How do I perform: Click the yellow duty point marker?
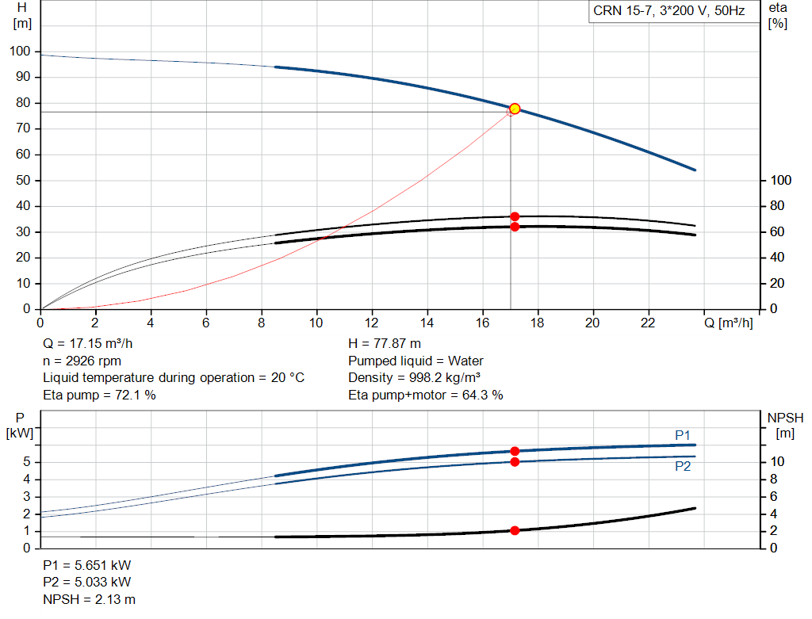click(x=514, y=109)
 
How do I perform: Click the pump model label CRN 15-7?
click(x=621, y=11)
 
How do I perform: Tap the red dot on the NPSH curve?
click(x=514, y=530)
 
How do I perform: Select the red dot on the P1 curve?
click(x=514, y=451)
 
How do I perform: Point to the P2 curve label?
click(x=683, y=467)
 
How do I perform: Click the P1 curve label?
click(x=683, y=435)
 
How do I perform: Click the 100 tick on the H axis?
click(x=20, y=52)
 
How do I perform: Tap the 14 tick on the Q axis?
click(x=427, y=323)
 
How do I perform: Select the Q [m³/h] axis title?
click(x=728, y=323)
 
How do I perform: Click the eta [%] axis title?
click(x=778, y=16)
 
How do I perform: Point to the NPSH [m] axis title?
click(x=785, y=426)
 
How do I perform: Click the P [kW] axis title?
click(x=20, y=426)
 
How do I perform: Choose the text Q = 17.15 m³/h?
click(x=87, y=344)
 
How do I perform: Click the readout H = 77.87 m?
click(x=385, y=344)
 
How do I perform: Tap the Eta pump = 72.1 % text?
click(x=99, y=395)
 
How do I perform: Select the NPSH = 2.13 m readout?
click(x=89, y=599)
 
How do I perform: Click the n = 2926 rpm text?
click(x=82, y=361)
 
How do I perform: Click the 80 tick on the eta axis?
click(x=777, y=206)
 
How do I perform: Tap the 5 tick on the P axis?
click(x=27, y=462)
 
